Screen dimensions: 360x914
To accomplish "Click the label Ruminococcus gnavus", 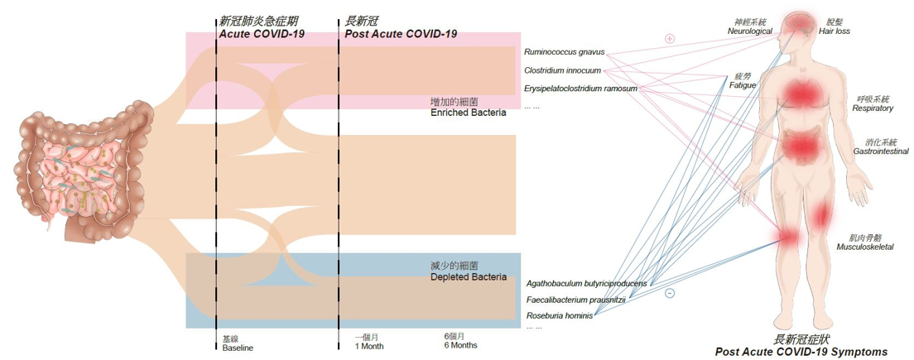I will point(564,52).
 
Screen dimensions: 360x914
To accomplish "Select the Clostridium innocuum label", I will point(562,70).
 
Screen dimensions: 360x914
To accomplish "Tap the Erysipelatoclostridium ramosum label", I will point(580,89).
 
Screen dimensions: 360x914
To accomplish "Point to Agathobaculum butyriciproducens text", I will point(586,283).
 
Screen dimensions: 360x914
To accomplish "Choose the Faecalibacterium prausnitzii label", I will point(575,300).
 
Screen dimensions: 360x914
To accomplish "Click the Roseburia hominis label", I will point(559,316).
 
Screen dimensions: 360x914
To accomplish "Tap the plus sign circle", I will point(671,38).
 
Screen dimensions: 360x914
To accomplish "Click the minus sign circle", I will point(670,293).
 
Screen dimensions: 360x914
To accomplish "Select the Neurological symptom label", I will point(749,31).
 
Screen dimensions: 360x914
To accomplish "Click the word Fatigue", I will point(742,84).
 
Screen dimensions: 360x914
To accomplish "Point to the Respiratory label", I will point(873,108).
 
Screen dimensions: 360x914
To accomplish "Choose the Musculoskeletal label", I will point(865,247).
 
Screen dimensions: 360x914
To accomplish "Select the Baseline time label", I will point(238,348).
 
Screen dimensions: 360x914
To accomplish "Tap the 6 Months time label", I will point(460,345).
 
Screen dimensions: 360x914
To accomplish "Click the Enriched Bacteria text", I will point(468,113).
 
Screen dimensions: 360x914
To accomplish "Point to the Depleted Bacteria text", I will point(469,277).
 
